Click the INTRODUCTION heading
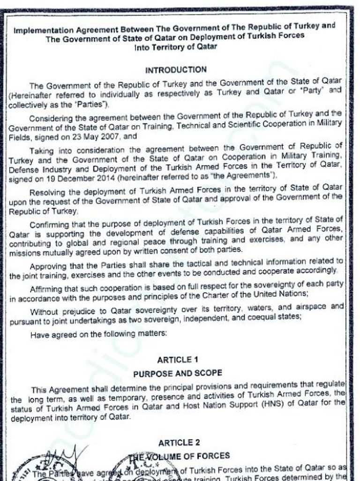(176, 70)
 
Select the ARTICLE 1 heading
(175, 360)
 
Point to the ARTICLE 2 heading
(176, 443)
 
